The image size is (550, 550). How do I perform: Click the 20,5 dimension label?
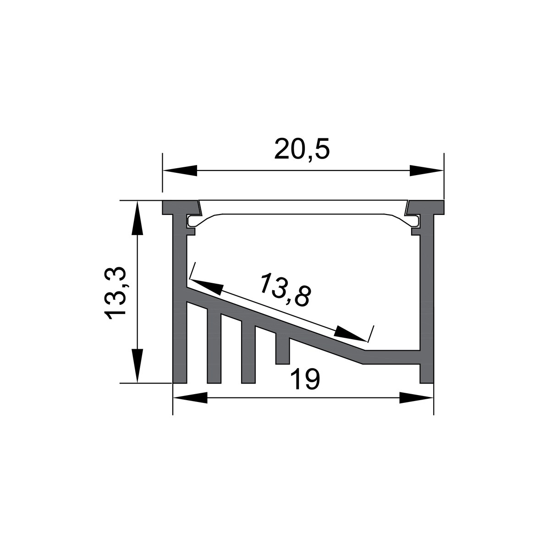tap(302, 148)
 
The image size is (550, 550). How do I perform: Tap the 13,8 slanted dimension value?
tap(285, 289)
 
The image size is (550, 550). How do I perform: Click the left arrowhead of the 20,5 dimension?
tap(180, 170)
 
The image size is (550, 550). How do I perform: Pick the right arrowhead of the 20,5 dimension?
tap(427, 170)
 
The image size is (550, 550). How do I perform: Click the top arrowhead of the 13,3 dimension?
tap(137, 218)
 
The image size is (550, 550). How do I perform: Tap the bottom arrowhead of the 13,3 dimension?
tap(137, 366)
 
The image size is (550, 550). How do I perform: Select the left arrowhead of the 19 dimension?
tap(190, 397)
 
